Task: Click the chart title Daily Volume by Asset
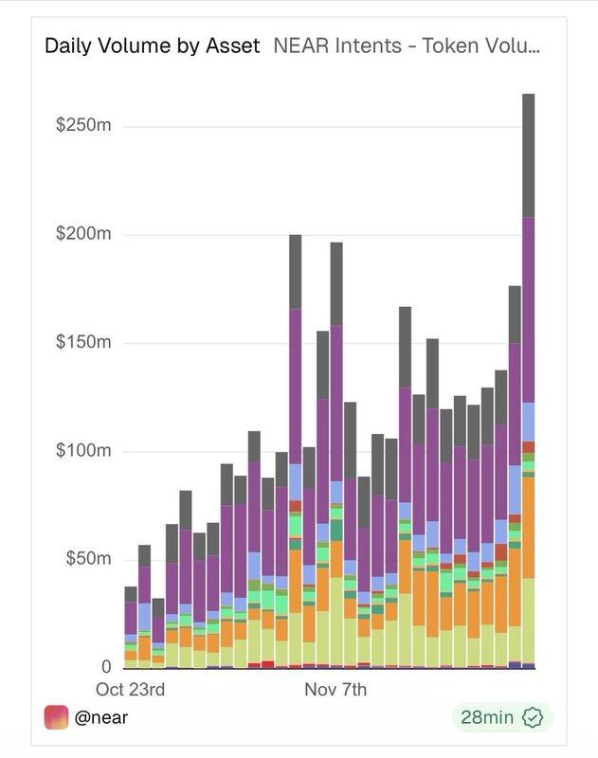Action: click(152, 45)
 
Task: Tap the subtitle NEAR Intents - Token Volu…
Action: click(407, 45)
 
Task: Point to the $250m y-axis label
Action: click(83, 126)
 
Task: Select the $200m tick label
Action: click(83, 234)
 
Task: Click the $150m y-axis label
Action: click(83, 342)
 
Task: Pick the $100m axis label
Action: click(83, 450)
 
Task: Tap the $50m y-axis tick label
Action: click(88, 558)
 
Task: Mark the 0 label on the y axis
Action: click(106, 666)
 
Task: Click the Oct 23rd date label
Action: click(131, 690)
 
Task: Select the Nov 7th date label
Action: click(335, 690)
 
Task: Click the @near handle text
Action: click(101, 717)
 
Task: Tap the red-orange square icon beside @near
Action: click(57, 717)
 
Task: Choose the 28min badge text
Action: click(485, 717)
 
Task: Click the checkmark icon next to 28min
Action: click(533, 717)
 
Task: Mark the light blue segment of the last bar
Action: click(528, 422)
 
